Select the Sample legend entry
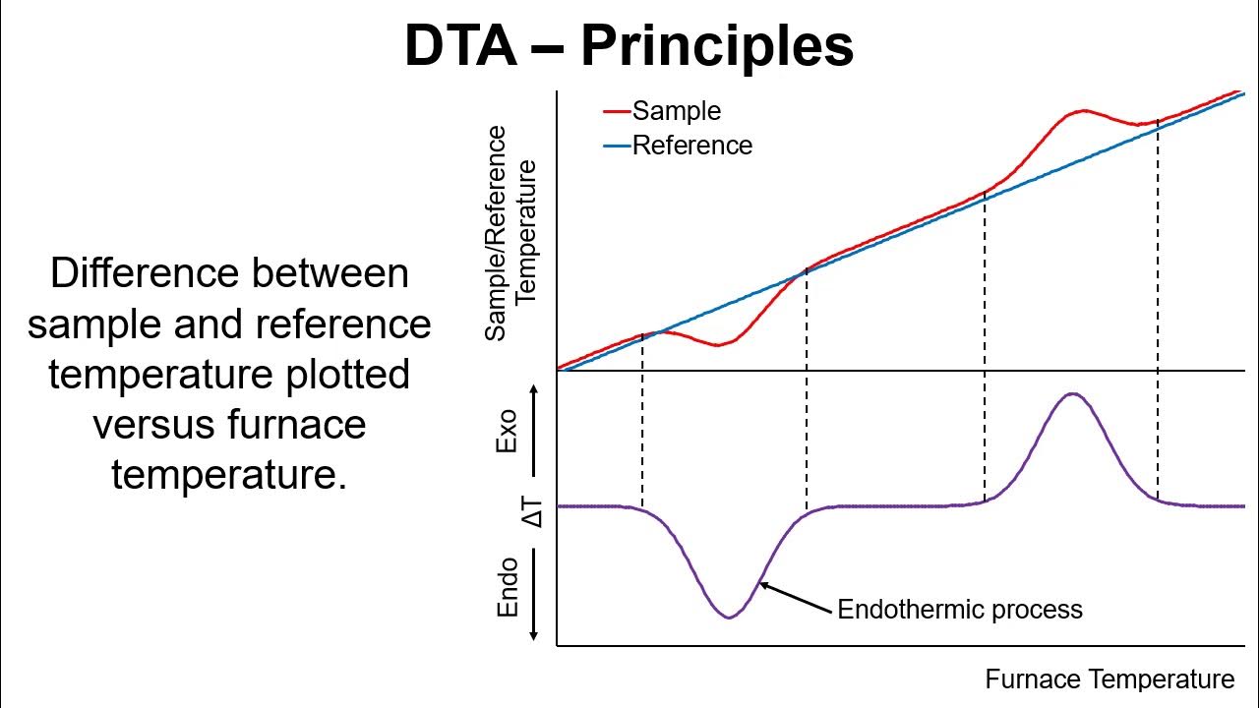676,111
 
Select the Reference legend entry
691,146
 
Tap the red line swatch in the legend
617,112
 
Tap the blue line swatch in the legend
617,147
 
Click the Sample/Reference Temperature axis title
511,233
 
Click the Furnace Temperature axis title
1109,679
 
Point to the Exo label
507,434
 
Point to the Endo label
508,587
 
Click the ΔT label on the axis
532,508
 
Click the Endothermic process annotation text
959,610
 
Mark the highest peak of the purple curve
1072,394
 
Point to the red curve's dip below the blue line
720,344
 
